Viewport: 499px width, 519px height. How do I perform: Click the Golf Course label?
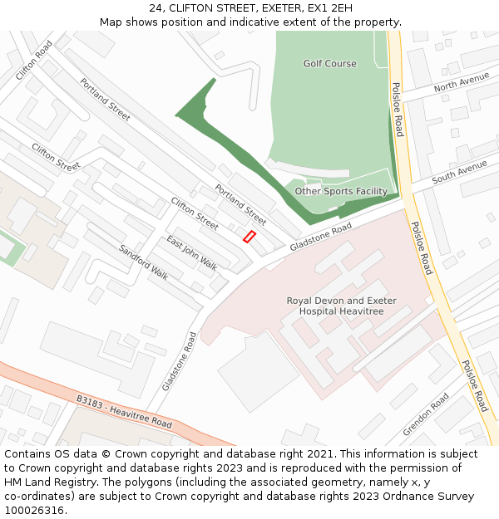coord(329,64)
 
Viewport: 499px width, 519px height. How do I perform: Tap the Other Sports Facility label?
coord(341,192)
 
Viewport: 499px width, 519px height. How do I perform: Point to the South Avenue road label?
coord(459,171)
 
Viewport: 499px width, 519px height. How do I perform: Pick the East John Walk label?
coord(191,252)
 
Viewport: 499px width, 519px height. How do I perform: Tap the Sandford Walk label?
coord(143,262)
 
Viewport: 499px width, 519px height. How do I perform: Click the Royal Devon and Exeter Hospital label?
coord(342,306)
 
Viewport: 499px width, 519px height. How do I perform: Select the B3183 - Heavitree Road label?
coord(124,412)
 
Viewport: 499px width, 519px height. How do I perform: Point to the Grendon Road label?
coord(426,414)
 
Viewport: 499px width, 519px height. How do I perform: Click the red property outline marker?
coord(249,237)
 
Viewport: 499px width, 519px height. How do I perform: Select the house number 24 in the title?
coord(156,8)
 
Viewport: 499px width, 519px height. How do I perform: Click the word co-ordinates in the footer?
coord(38,497)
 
